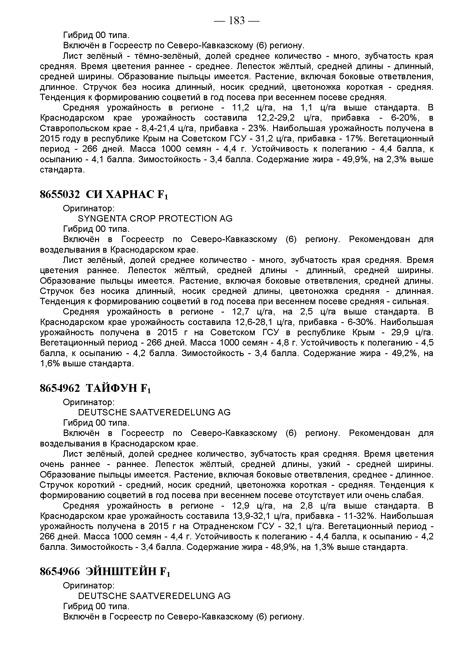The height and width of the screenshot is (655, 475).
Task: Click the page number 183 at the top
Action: pyautogui.click(x=237, y=21)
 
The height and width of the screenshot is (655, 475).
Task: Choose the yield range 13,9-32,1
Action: pyautogui.click(x=251, y=516)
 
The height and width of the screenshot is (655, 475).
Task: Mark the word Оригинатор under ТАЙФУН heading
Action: pyautogui.click(x=89, y=402)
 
